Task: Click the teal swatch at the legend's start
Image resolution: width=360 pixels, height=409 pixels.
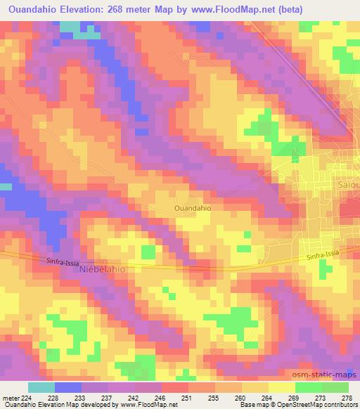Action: point(41,387)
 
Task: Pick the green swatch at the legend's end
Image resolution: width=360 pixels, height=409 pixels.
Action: point(335,387)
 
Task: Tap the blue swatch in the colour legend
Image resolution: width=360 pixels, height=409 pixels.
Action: point(68,387)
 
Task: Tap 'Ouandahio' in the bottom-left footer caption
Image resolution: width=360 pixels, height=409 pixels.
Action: point(19,405)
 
